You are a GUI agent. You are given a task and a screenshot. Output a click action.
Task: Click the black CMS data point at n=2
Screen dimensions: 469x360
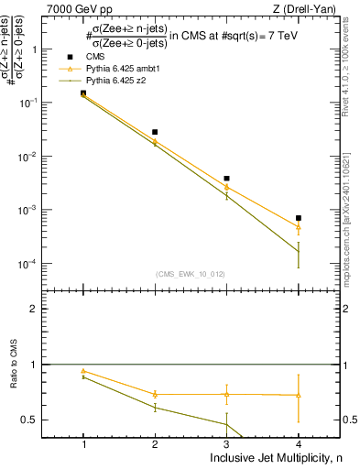[155, 132]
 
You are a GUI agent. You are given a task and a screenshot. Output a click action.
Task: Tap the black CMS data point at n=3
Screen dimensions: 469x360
[226, 179]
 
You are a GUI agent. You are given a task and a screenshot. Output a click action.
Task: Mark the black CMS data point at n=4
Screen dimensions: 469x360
[299, 218]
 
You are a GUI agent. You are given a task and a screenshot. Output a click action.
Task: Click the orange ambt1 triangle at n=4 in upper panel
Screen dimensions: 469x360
[299, 227]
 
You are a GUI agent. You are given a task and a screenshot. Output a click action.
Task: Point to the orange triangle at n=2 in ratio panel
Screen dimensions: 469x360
[155, 394]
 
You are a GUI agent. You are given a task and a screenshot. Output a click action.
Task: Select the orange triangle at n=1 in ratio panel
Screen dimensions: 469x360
[83, 371]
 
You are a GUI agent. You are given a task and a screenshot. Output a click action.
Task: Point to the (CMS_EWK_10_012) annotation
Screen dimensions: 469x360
[191, 273]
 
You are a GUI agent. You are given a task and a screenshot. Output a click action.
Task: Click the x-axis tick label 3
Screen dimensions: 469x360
[226, 444]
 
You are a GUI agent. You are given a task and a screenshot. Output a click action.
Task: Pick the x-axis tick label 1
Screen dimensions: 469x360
[83, 444]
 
